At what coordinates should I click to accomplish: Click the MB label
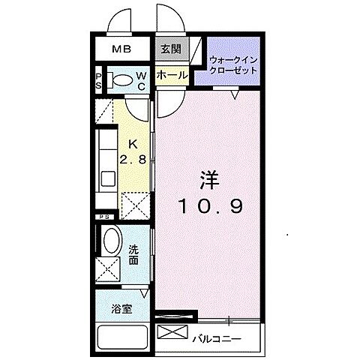coord(121,49)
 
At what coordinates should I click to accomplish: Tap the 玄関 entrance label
coord(170,49)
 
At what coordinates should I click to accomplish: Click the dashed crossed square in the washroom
coord(110,268)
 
